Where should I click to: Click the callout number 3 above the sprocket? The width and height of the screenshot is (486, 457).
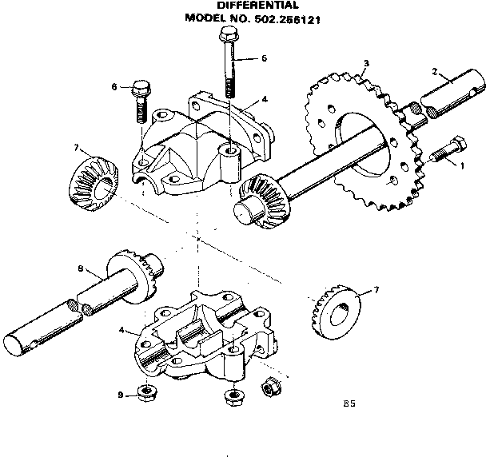pos(365,62)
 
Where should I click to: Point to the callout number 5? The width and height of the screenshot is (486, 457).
pos(265,58)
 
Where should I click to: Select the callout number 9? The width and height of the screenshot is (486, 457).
pos(120,395)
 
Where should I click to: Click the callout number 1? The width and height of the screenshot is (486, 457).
pos(460,165)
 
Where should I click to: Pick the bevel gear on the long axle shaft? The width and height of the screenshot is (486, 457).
pos(260,197)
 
